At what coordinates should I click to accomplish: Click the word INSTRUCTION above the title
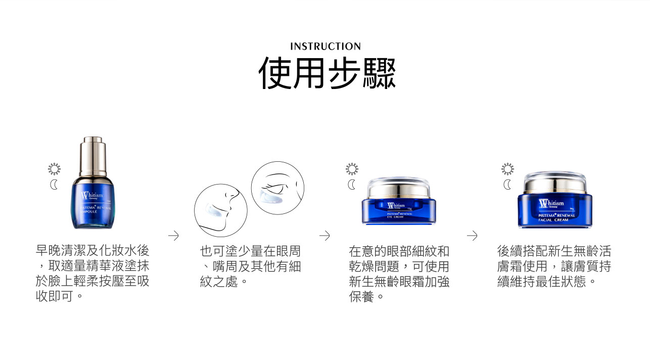(x=325, y=47)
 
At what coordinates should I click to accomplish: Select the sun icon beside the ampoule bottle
(x=54, y=169)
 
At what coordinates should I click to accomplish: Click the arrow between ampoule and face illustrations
(x=173, y=236)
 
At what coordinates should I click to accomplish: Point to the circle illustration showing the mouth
(x=220, y=210)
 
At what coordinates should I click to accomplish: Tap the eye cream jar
(x=398, y=202)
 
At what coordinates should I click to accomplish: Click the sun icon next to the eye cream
(x=352, y=169)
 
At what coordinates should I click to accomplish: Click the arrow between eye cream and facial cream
(x=472, y=236)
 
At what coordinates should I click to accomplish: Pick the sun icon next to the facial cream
(x=507, y=169)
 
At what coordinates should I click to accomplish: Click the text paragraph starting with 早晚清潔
(x=92, y=273)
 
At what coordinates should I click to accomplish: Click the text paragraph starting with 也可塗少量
(x=250, y=266)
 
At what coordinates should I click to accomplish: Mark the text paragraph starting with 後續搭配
(x=554, y=266)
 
